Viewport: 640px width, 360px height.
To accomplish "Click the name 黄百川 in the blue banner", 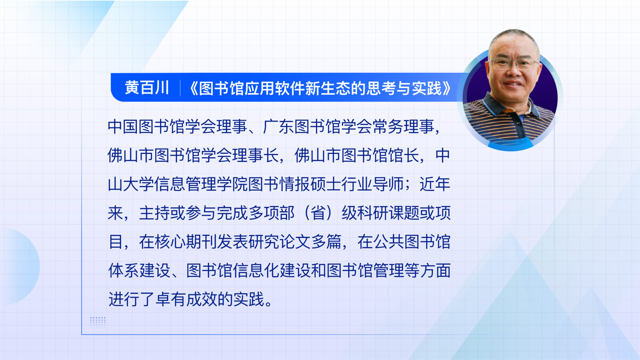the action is coord(147,88).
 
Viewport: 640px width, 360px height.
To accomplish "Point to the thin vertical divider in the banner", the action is coord(180,88).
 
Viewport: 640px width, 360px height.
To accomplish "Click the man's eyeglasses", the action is coord(513,63).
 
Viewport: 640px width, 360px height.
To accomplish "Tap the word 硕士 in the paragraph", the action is coord(326,184).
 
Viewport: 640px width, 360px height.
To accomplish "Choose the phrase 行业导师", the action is coord(372,184).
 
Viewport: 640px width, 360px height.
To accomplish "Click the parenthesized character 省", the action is coord(318,213).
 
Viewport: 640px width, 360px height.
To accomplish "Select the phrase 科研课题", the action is coord(388,213).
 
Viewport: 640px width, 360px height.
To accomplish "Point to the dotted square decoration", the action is coord(98,323).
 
